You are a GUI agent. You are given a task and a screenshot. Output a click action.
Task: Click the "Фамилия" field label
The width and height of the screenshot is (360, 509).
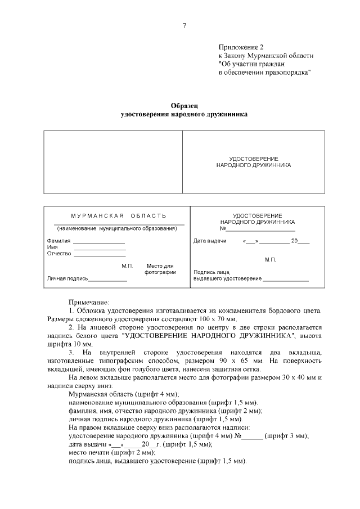click(58, 241)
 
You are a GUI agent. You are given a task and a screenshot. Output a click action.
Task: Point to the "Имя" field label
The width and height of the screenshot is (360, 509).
click(52, 247)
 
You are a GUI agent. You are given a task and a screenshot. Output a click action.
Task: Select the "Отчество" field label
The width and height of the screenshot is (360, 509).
click(59, 254)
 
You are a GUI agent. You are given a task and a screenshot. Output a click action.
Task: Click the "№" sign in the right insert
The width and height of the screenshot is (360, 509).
click(223, 228)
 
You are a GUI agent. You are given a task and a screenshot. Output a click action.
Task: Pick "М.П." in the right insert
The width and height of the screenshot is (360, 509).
click(269, 260)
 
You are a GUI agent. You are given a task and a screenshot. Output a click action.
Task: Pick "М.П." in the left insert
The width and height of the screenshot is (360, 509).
click(127, 265)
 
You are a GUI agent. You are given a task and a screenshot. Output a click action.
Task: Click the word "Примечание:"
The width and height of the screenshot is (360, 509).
click(89, 302)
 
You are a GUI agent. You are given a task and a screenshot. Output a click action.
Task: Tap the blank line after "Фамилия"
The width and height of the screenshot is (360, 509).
click(99, 242)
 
